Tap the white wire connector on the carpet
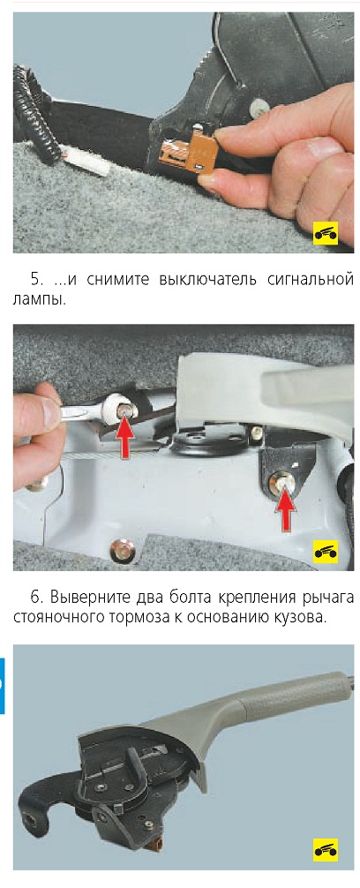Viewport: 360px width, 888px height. [x=86, y=164]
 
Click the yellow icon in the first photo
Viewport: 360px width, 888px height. [x=326, y=233]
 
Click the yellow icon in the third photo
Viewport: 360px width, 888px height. [x=326, y=850]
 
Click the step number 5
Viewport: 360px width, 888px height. [x=35, y=279]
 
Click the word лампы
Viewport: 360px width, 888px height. [x=39, y=299]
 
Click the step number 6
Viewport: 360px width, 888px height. [x=36, y=598]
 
